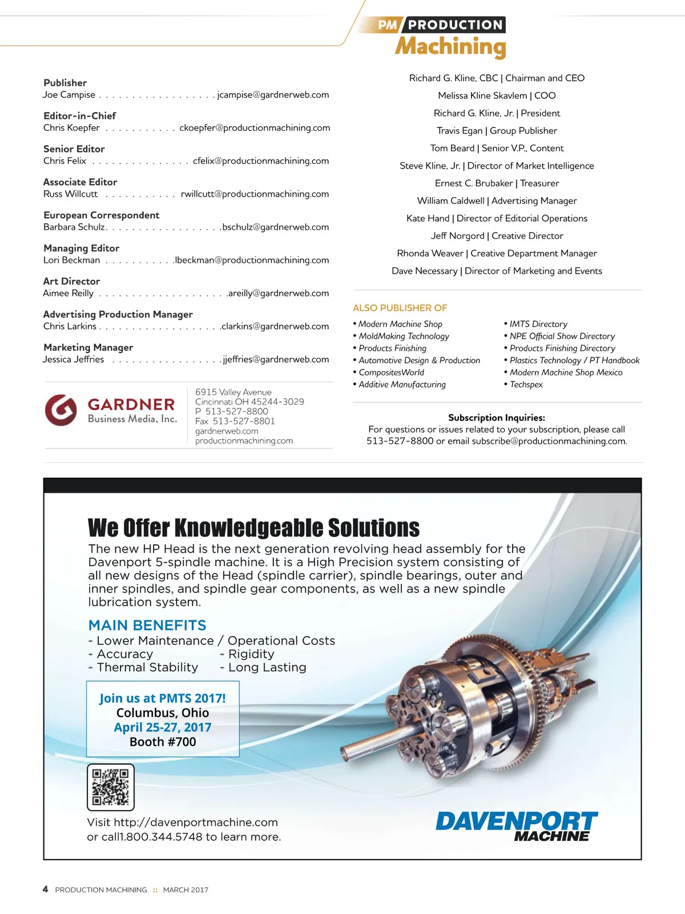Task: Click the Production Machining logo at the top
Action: [442, 38]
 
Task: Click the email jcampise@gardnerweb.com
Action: [273, 95]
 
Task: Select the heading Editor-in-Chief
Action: [79, 115]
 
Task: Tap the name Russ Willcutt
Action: [70, 194]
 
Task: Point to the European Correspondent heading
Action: [101, 215]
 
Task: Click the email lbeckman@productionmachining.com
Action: [252, 260]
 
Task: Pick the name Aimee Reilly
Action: [68, 293]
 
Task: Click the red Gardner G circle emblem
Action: [61, 410]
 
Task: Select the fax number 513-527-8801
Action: [243, 421]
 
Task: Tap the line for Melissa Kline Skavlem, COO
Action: [497, 95]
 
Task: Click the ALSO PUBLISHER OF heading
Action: [400, 308]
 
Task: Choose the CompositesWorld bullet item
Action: [391, 372]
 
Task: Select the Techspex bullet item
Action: [526, 384]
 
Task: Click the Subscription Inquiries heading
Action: [496, 418]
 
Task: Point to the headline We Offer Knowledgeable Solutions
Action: [253, 528]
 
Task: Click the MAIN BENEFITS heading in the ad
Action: [147, 625]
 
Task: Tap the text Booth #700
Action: [163, 741]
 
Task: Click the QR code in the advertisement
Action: [111, 787]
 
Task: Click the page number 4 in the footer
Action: [45, 889]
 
